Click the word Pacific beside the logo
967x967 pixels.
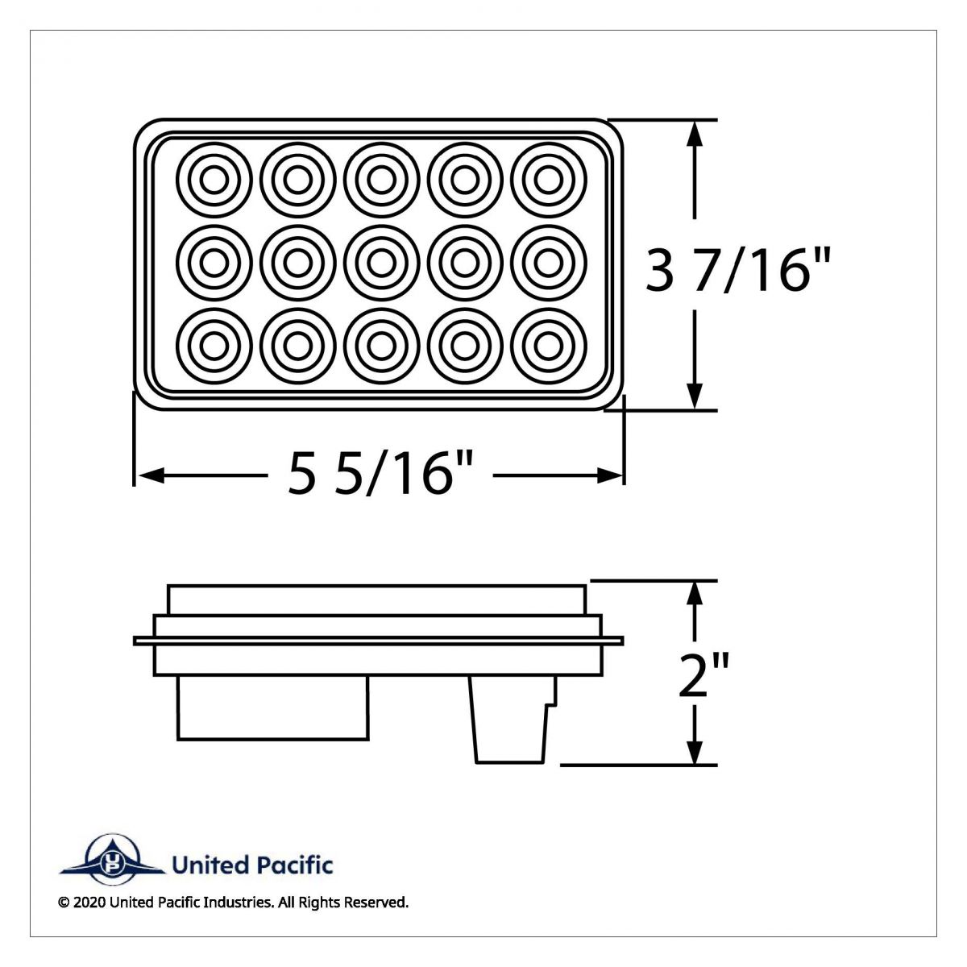point(294,865)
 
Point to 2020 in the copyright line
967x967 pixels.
point(88,903)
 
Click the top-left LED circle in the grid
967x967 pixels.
point(214,179)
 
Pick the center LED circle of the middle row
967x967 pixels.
point(380,262)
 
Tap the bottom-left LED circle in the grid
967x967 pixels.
point(214,346)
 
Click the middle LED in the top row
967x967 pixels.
point(380,179)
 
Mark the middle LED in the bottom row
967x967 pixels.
point(380,346)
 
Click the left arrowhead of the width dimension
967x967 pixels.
point(145,476)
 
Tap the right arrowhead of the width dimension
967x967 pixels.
point(612,476)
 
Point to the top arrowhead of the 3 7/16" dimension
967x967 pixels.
point(695,132)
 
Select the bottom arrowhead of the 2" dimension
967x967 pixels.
point(695,753)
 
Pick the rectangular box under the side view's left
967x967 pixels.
point(272,707)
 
